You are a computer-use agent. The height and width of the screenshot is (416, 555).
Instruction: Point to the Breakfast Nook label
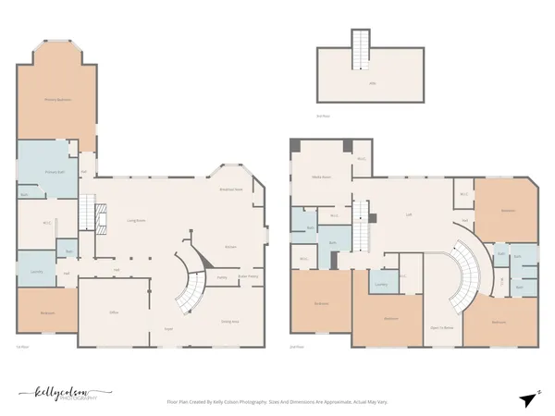[230, 189]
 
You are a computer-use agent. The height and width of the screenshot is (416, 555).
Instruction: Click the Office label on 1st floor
[114, 313]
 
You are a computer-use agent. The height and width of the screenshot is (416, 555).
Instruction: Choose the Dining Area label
[229, 321]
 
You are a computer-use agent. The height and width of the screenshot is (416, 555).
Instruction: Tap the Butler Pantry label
[248, 275]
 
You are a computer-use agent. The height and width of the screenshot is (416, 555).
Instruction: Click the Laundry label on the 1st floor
[37, 272]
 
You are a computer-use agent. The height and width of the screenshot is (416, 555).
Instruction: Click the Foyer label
[168, 329]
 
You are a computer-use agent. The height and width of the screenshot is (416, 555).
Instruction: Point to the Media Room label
[321, 176]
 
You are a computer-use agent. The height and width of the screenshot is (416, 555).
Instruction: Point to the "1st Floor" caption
[24, 348]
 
